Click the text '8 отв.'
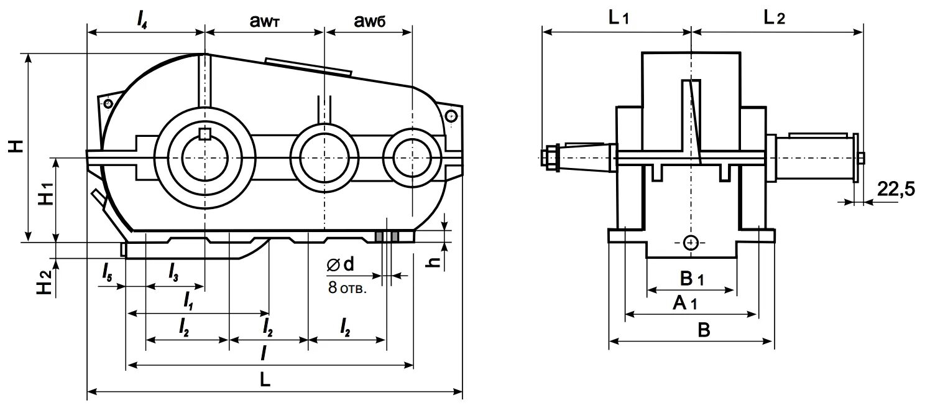coord(347,288)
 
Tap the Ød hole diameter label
coord(339,266)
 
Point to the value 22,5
coord(896,189)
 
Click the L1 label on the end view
coord(619,18)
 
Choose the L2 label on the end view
coord(774,18)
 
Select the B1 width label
coord(692,277)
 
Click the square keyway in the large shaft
coord(205,133)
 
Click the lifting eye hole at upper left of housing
coord(108,103)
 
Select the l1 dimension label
coord(188,301)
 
